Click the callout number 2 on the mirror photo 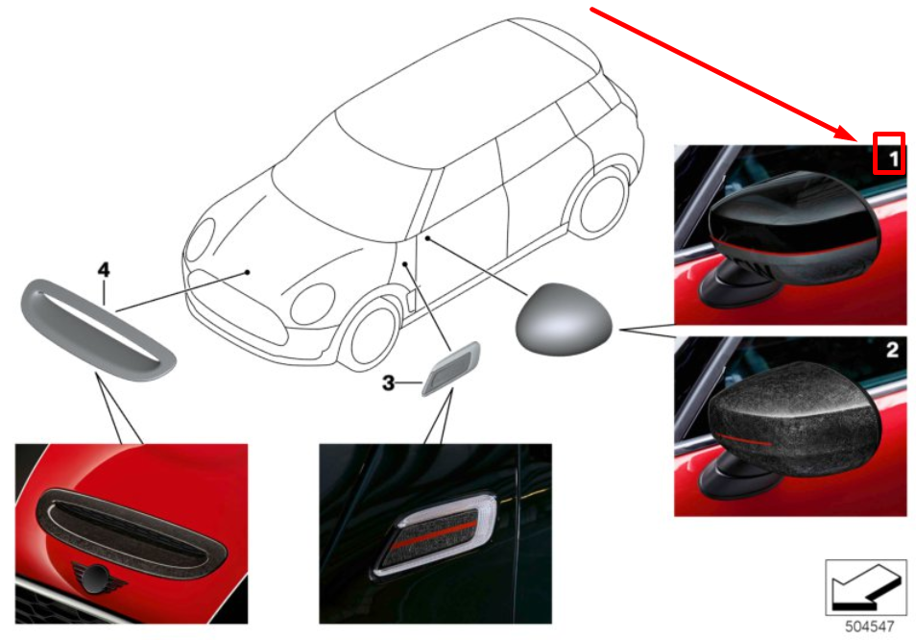click(892, 350)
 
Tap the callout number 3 click(388, 382)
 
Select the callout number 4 click(104, 269)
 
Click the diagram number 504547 click(869, 627)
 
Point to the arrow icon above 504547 click(866, 587)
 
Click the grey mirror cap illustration click(564, 318)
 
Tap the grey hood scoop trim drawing click(98, 330)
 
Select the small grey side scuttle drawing click(451, 368)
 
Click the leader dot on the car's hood click(248, 272)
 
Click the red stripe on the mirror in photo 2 click(742, 440)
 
